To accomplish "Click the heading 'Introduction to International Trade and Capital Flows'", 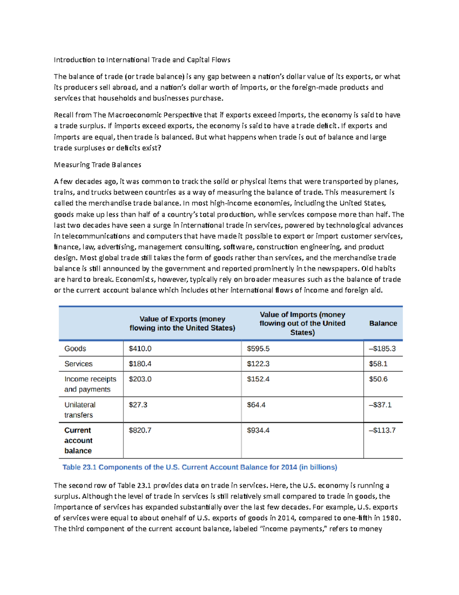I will [142, 60].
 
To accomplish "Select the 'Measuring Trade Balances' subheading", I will [98, 165].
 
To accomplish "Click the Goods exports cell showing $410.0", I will [140, 349].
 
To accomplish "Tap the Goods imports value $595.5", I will [258, 349].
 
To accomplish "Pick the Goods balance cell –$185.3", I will [382, 349].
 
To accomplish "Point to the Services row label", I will [78, 364].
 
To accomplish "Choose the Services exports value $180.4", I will [140, 364].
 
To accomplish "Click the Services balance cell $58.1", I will [378, 364].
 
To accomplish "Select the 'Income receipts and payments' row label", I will [90, 384].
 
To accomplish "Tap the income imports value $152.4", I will [258, 379].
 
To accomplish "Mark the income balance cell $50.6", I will [378, 379].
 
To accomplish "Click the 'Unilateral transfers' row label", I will [80, 410].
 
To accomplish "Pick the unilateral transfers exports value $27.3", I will [138, 405].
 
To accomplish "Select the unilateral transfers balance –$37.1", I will [380, 405].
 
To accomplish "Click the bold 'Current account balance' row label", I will [78, 441].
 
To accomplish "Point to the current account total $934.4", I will [258, 431].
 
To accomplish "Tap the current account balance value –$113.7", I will [382, 431].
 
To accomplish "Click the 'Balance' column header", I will [383, 323].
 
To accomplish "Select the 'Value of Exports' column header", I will [182, 323].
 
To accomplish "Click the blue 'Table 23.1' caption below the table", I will [200, 467].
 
